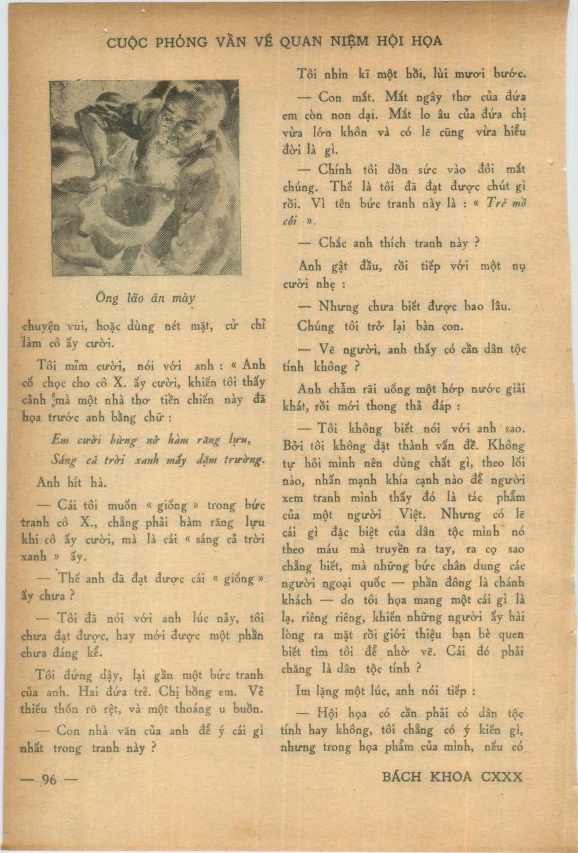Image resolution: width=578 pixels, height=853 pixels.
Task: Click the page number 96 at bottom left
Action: pos(49,779)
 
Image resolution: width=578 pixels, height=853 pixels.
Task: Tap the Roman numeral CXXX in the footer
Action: pos(501,777)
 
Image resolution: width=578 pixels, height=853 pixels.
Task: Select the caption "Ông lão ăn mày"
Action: pos(146,298)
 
